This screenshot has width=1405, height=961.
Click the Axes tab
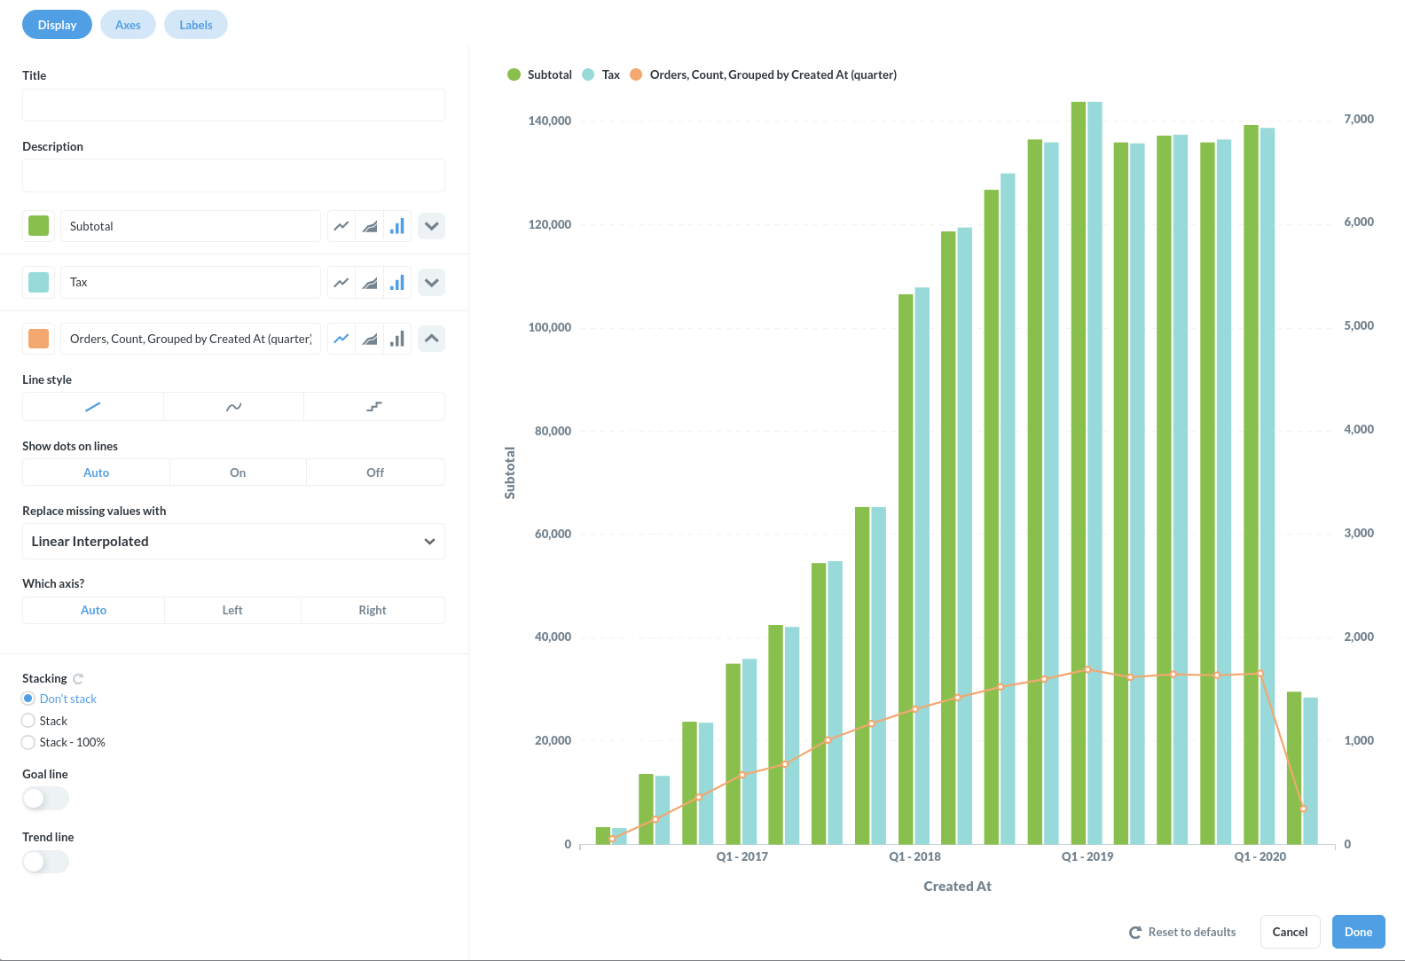point(128,25)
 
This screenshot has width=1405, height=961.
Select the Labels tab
point(195,25)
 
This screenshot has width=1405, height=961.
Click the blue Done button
point(1357,932)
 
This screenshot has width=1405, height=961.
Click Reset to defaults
point(1182,932)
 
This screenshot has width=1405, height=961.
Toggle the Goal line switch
point(45,799)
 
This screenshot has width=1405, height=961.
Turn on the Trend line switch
point(45,862)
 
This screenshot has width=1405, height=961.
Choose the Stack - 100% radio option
point(28,742)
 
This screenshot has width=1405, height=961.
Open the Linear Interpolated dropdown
point(233,542)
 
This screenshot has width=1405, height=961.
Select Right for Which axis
point(373,610)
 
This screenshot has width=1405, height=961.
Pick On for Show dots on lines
point(238,473)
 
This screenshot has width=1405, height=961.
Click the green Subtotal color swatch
point(39,226)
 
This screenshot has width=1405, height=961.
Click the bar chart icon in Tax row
point(397,283)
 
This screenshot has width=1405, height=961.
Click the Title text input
point(233,105)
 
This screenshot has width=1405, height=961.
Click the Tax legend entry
point(610,74)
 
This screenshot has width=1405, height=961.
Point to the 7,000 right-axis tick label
point(1358,119)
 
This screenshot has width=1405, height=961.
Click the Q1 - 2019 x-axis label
point(1087,856)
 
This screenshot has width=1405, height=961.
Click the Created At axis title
point(957,886)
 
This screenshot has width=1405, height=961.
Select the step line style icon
point(374,407)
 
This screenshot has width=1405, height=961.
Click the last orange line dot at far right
point(1303,809)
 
